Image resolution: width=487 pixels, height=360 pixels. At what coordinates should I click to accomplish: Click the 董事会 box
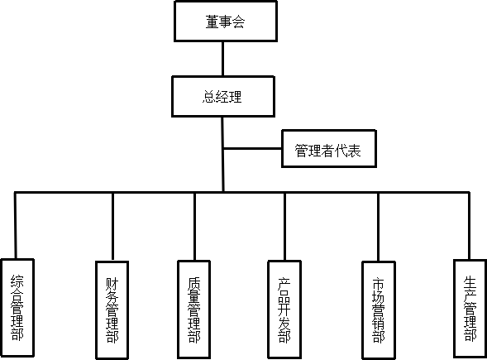click(x=226, y=22)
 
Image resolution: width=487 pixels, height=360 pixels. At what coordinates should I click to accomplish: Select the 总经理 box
click(x=223, y=96)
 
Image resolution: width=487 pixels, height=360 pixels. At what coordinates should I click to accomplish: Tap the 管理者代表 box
click(x=329, y=149)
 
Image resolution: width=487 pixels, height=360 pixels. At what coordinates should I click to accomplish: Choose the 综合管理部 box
click(x=17, y=308)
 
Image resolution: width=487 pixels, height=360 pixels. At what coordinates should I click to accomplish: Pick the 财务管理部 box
click(x=112, y=310)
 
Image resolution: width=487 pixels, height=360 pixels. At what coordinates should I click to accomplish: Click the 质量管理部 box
click(x=194, y=310)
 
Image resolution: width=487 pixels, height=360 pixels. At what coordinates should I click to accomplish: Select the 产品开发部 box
click(x=284, y=310)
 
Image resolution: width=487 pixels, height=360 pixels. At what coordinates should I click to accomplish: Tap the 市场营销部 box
click(x=379, y=310)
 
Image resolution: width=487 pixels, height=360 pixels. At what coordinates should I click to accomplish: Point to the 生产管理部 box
click(x=470, y=309)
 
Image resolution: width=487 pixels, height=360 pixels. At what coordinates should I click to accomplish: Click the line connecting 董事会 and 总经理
click(x=222, y=59)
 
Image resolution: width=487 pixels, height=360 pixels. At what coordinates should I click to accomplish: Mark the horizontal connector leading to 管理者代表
click(x=252, y=149)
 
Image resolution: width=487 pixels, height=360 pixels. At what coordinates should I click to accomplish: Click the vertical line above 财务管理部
click(x=112, y=227)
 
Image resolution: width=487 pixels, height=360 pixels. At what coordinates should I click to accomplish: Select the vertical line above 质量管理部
click(x=195, y=226)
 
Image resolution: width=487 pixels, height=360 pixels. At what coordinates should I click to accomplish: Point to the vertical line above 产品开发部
click(x=284, y=226)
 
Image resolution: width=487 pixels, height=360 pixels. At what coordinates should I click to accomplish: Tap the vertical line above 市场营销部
click(x=379, y=227)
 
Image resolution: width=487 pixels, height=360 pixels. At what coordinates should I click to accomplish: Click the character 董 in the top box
click(x=212, y=22)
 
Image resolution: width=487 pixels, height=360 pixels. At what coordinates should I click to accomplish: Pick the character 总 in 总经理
click(x=208, y=96)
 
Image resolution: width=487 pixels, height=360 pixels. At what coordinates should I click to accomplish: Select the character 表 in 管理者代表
click(x=355, y=151)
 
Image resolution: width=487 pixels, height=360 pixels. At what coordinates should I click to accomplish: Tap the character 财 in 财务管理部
click(x=112, y=284)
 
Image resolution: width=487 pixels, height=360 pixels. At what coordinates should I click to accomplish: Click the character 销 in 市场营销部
click(x=379, y=324)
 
